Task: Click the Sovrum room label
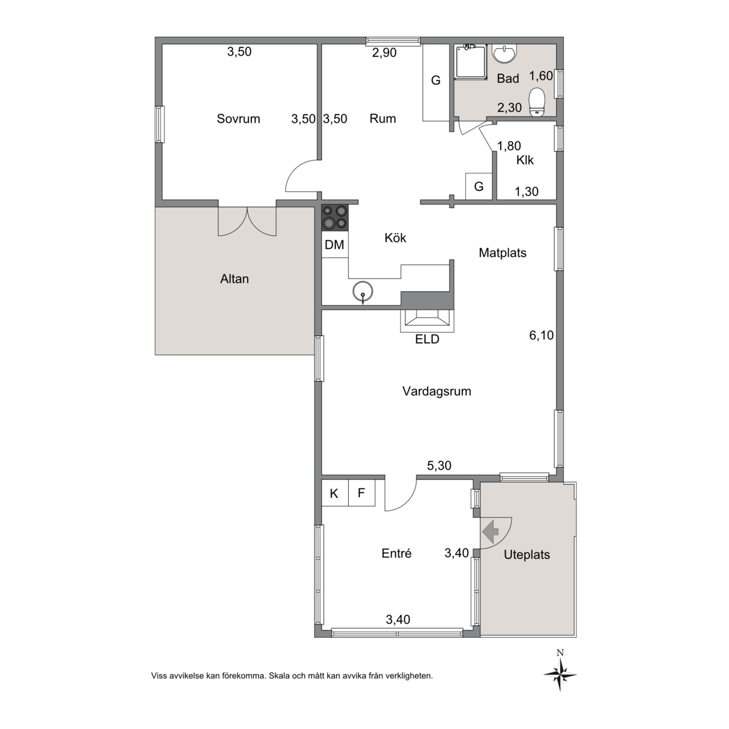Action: point(238,118)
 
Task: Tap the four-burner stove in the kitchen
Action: point(335,218)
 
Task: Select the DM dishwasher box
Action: point(334,244)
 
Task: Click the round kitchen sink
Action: point(363,292)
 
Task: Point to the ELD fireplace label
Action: point(427,339)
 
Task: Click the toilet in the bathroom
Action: point(537,101)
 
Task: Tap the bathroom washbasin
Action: point(504,53)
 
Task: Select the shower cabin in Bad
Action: point(471,61)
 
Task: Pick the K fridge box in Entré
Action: point(334,493)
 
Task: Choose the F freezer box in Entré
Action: point(361,493)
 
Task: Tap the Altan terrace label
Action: point(234,279)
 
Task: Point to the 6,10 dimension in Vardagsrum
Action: point(542,335)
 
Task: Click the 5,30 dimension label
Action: point(439,465)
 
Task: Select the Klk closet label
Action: point(525,160)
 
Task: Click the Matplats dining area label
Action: point(502,253)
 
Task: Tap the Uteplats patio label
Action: point(526,554)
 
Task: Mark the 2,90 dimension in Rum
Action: point(385,53)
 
